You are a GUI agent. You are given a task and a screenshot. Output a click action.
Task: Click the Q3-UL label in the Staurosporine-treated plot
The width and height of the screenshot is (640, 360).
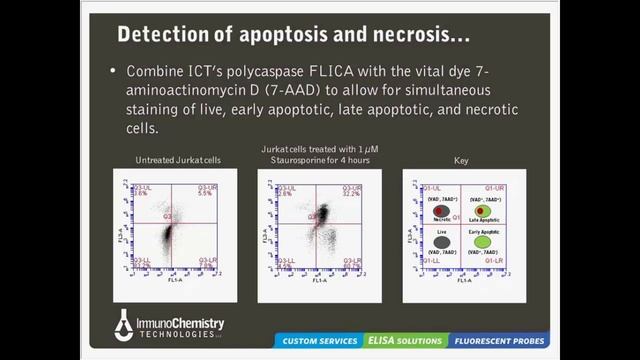pos(286,187)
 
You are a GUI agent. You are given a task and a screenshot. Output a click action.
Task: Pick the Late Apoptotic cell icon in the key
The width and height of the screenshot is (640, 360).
pos(483,211)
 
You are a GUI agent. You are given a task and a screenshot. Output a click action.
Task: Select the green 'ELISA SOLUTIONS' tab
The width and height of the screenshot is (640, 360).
pos(404,341)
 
